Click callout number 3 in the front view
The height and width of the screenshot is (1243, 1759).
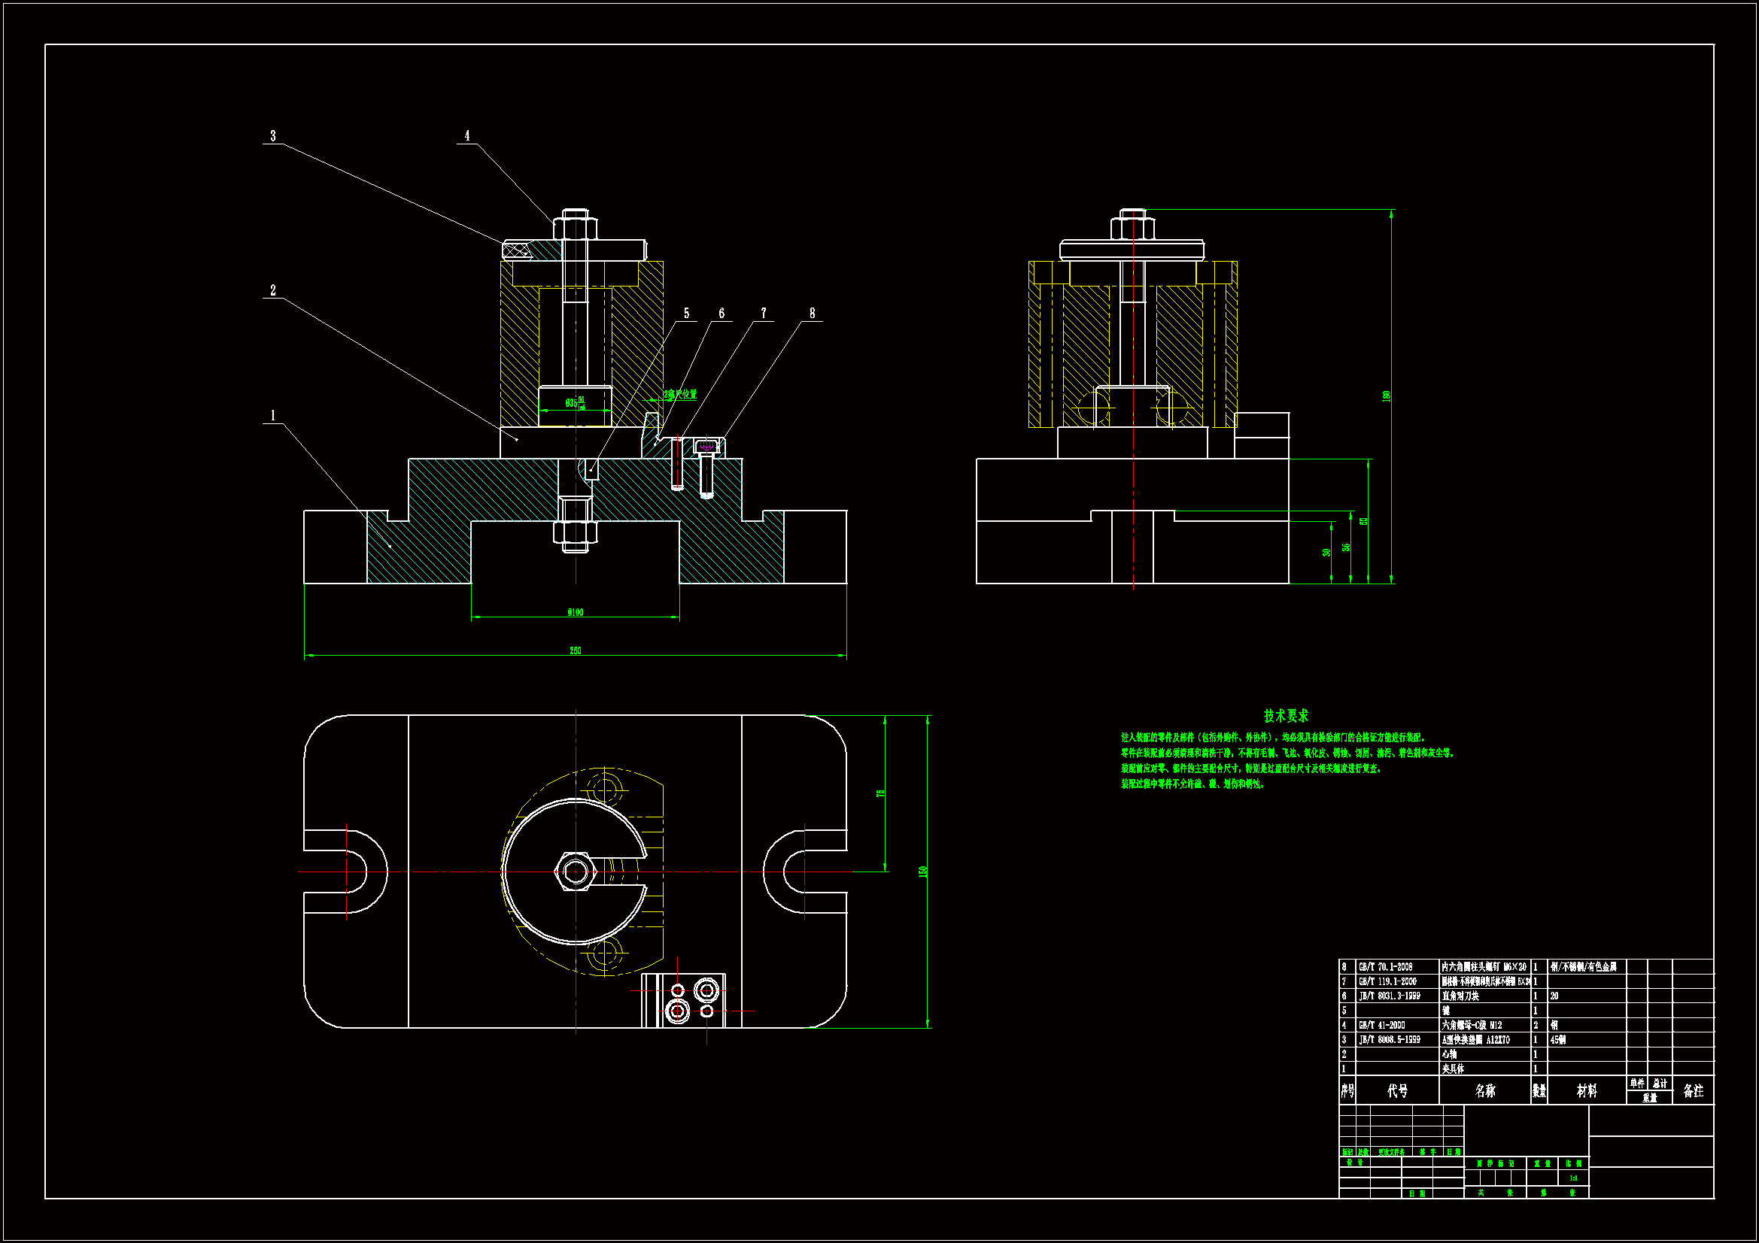(273, 136)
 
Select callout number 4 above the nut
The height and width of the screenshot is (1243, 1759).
(467, 136)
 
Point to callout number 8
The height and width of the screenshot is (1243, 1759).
(812, 314)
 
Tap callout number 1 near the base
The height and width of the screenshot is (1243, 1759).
(273, 416)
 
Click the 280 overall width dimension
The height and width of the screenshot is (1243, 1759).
(576, 651)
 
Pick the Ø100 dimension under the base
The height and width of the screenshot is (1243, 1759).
(576, 612)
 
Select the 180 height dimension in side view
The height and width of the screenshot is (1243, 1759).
(1386, 396)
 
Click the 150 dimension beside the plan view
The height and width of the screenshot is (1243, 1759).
(923, 872)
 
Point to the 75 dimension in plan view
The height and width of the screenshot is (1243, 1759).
(880, 793)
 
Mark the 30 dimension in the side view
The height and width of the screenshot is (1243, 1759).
(1326, 552)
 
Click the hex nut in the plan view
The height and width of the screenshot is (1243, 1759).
(576, 872)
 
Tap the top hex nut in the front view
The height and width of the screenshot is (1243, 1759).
(576, 227)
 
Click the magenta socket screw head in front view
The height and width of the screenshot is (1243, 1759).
(707, 445)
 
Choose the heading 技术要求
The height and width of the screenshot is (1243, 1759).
(1286, 716)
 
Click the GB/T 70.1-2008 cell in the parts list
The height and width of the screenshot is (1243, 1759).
(1385, 967)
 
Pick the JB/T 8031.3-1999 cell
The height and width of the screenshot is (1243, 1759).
(1389, 996)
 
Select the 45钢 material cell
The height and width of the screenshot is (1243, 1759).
(1557, 1040)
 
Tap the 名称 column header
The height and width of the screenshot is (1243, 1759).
(1484, 1090)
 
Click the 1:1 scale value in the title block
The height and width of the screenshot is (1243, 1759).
(1573, 1178)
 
